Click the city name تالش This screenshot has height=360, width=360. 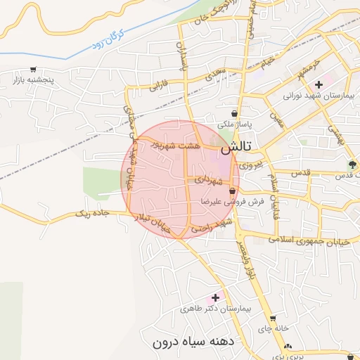tap(240, 148)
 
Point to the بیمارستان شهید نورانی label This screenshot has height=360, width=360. tap(317, 95)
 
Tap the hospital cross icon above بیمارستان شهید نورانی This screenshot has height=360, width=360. tap(319, 84)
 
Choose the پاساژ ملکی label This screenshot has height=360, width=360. tap(235, 124)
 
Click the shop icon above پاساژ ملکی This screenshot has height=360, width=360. tap(234, 113)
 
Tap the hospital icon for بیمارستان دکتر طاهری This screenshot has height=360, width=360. tap(215, 297)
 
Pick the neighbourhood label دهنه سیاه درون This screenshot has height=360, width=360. tap(191, 342)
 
